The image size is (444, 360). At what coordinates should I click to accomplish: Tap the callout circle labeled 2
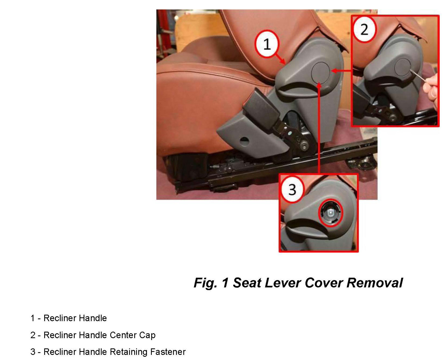coord(364,29)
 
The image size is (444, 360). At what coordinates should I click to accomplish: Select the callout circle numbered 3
coord(292,189)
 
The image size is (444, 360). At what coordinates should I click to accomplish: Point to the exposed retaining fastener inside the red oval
coord(331,213)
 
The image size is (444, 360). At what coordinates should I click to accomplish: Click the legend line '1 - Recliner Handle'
coord(68,318)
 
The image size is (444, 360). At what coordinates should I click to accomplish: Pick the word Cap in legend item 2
coord(147,335)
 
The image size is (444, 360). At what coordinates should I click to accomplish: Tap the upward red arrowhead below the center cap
coord(319,85)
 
